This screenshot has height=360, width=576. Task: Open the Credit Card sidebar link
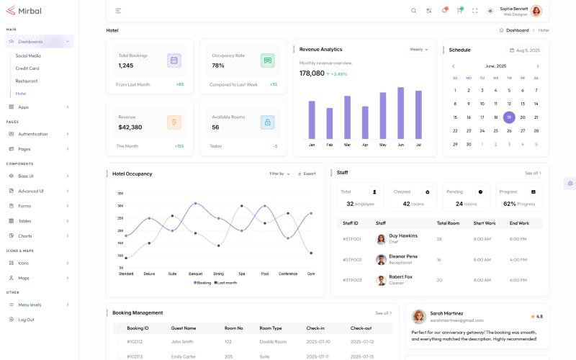[27, 68]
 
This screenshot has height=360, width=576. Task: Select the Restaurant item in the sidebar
[27, 81]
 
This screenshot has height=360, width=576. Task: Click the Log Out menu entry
[26, 319]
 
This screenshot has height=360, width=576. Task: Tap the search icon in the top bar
[413, 11]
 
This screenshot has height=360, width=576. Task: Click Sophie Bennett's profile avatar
[536, 11]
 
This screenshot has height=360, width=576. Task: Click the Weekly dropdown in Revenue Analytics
[419, 50]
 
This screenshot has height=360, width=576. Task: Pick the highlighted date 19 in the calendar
[509, 117]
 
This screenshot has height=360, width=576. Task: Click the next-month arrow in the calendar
[537, 66]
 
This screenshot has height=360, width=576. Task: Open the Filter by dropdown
[279, 174]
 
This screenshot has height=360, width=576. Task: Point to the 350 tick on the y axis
[120, 194]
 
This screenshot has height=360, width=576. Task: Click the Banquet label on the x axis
[195, 274]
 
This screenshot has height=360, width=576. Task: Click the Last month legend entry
[226, 282]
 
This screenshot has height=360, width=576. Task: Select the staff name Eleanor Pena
[402, 256]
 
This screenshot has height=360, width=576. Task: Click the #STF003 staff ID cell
[352, 280]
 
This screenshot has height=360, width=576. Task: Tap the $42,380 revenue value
[130, 127]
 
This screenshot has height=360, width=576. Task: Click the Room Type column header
[270, 328]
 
